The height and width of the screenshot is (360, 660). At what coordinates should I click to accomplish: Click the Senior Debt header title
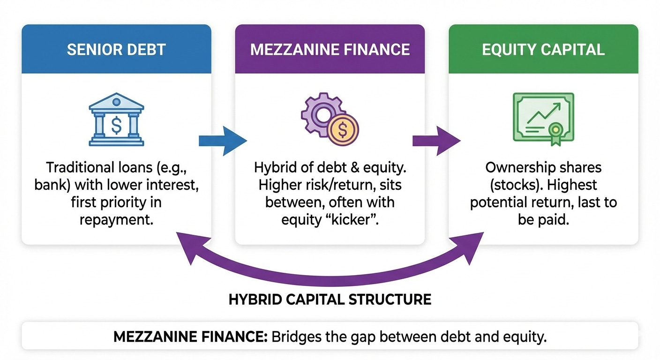tap(116, 50)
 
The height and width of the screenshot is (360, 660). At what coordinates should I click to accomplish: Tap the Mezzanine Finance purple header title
tap(330, 50)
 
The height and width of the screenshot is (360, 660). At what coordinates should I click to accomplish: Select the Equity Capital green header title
tap(543, 50)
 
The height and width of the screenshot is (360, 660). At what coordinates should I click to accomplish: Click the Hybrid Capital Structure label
tap(330, 299)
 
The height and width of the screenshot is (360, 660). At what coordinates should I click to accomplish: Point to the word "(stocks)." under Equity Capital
tap(512, 185)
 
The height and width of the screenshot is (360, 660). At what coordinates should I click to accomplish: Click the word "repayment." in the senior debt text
tap(116, 219)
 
